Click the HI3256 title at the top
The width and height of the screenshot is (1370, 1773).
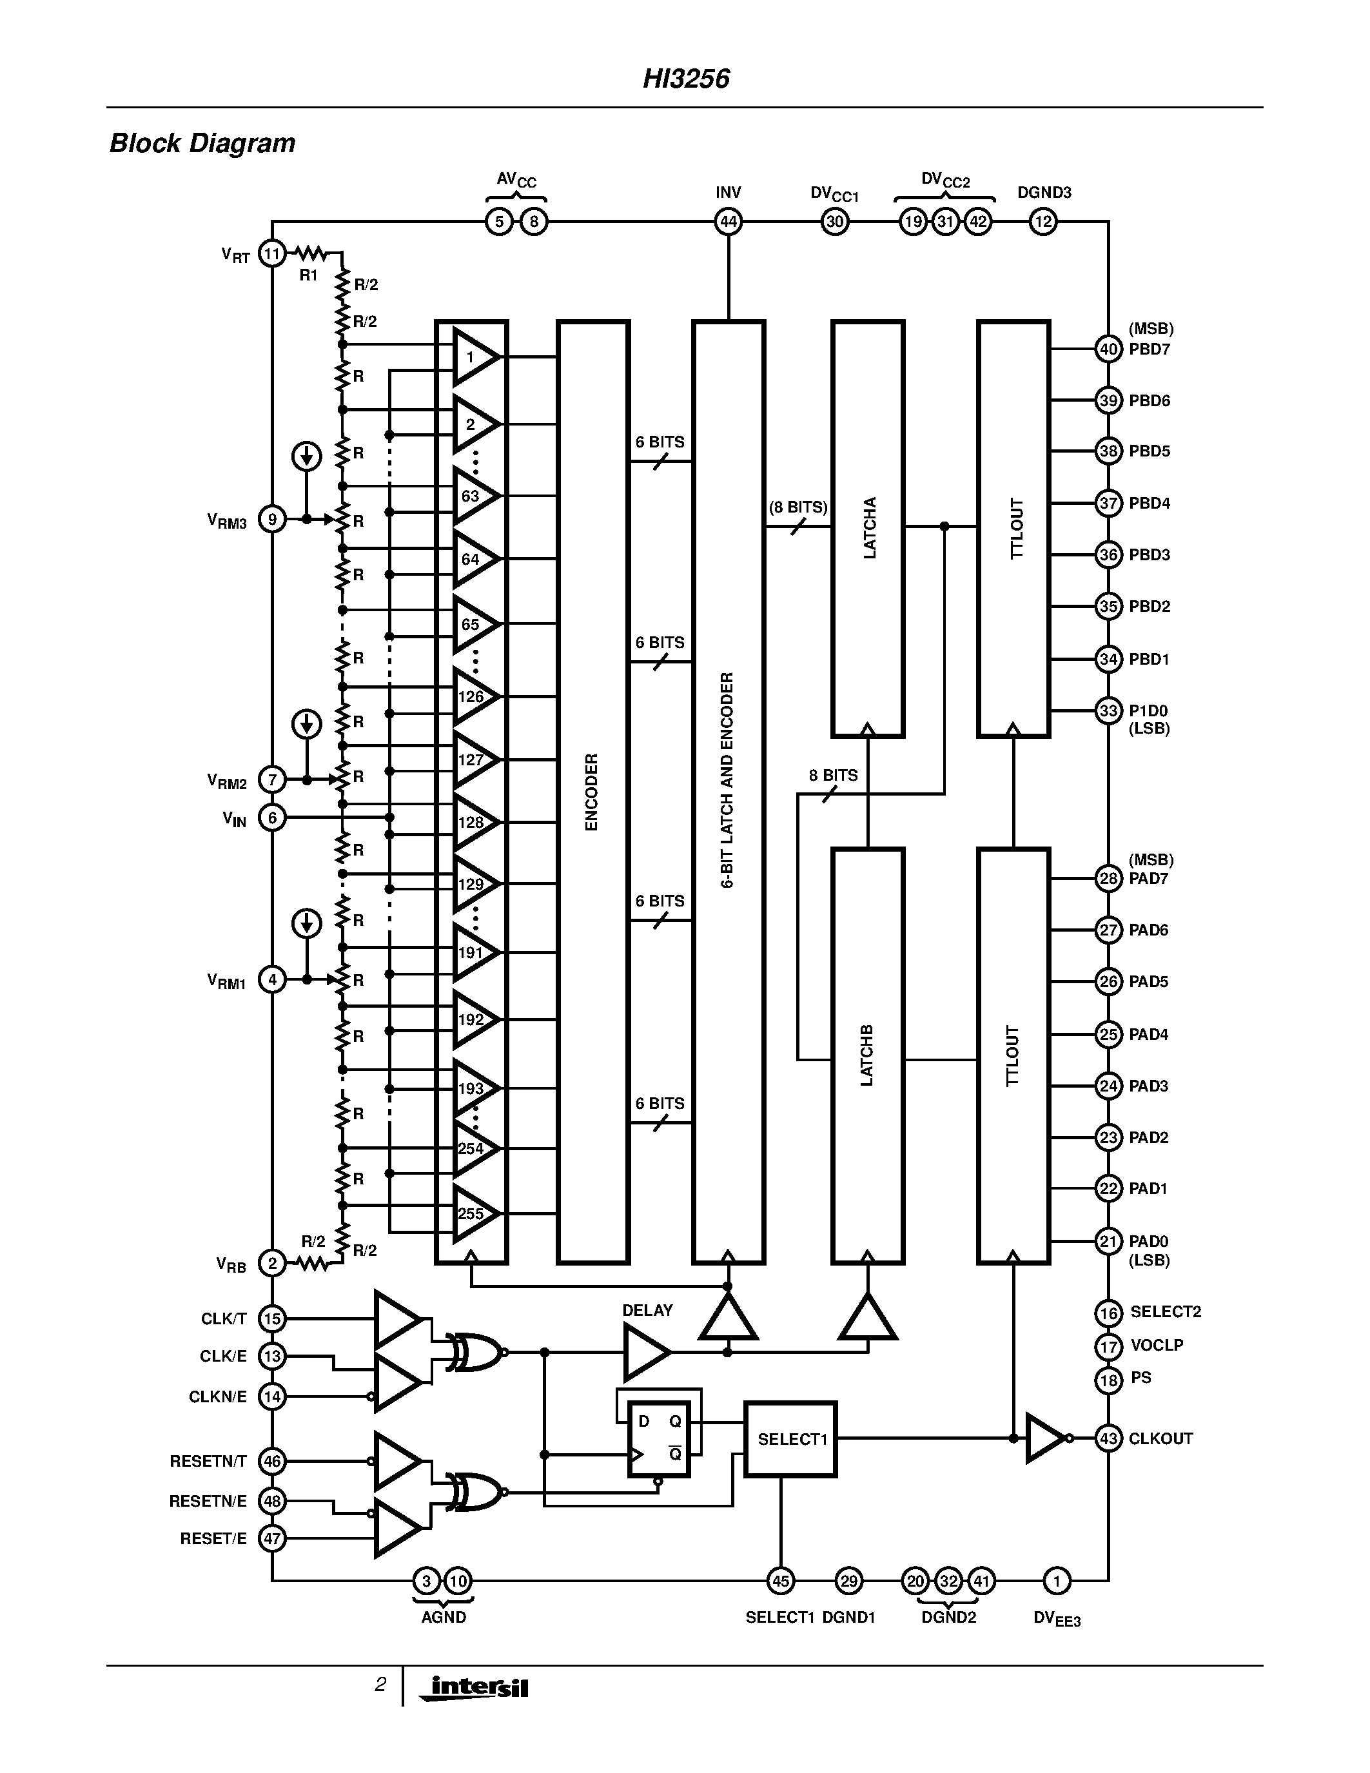click(x=686, y=79)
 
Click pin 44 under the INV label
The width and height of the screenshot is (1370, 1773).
click(x=728, y=222)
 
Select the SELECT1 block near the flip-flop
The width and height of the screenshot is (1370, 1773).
click(x=790, y=1439)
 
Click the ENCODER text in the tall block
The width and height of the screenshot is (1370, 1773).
click(x=592, y=792)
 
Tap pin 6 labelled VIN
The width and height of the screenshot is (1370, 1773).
click(x=273, y=818)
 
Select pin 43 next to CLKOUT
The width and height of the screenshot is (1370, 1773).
click(x=1109, y=1438)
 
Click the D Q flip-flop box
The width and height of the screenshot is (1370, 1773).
click(x=659, y=1438)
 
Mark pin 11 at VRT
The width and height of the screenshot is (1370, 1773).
click(x=272, y=254)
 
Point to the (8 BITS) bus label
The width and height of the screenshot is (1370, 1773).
click(x=798, y=507)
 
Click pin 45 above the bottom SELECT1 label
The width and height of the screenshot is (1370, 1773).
click(x=780, y=1581)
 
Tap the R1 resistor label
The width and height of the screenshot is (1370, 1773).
click(x=308, y=275)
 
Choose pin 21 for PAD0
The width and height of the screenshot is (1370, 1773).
click(x=1109, y=1240)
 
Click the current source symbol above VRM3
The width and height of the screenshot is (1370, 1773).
click(x=306, y=457)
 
